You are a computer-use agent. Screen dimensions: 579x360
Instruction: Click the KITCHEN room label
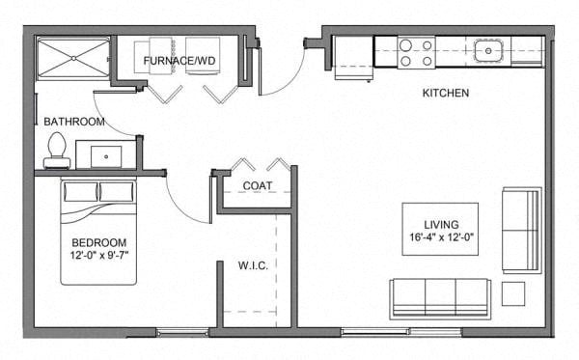point(445,93)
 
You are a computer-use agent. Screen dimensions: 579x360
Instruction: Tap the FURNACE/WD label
point(179,61)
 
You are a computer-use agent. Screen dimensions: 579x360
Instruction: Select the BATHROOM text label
point(74,122)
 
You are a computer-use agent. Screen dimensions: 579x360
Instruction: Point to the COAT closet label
point(258,185)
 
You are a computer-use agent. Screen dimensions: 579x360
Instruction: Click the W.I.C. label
point(253,265)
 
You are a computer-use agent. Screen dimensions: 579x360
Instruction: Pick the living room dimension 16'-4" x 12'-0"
point(441,237)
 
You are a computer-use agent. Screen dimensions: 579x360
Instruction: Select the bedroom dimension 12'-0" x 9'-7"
point(99,255)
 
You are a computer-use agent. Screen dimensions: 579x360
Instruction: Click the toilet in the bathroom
point(57,151)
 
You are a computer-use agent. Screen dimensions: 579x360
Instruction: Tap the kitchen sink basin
point(487,51)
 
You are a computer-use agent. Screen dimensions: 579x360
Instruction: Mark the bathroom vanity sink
point(106,156)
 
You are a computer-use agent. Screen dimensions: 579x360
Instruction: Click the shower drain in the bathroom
point(74,58)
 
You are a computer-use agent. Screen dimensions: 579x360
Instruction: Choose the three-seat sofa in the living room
point(440,299)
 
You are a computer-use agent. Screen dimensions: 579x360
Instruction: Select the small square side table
point(513,294)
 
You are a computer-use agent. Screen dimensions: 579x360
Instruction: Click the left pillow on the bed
point(81,192)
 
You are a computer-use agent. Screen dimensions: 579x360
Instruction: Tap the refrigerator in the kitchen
point(353,58)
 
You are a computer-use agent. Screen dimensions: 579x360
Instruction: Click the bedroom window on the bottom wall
point(182,332)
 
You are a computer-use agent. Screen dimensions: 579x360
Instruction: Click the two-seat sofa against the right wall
point(522,231)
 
